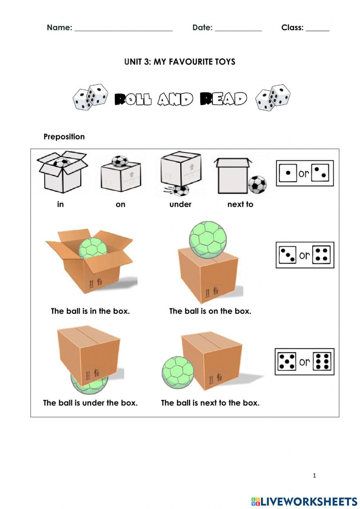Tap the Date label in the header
(202, 27)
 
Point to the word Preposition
(64, 137)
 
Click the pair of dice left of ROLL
(90, 97)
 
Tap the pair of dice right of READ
(273, 97)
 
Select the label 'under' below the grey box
(180, 204)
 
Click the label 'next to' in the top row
(240, 204)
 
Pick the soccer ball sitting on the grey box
(120, 161)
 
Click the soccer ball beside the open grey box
(257, 184)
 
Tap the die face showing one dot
(288, 173)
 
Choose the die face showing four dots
(321, 255)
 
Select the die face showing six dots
(322, 361)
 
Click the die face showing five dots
(287, 361)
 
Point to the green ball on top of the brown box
(208, 239)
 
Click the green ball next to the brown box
(177, 373)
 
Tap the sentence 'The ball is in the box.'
(90, 311)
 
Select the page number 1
(314, 475)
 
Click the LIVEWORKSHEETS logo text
(309, 501)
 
